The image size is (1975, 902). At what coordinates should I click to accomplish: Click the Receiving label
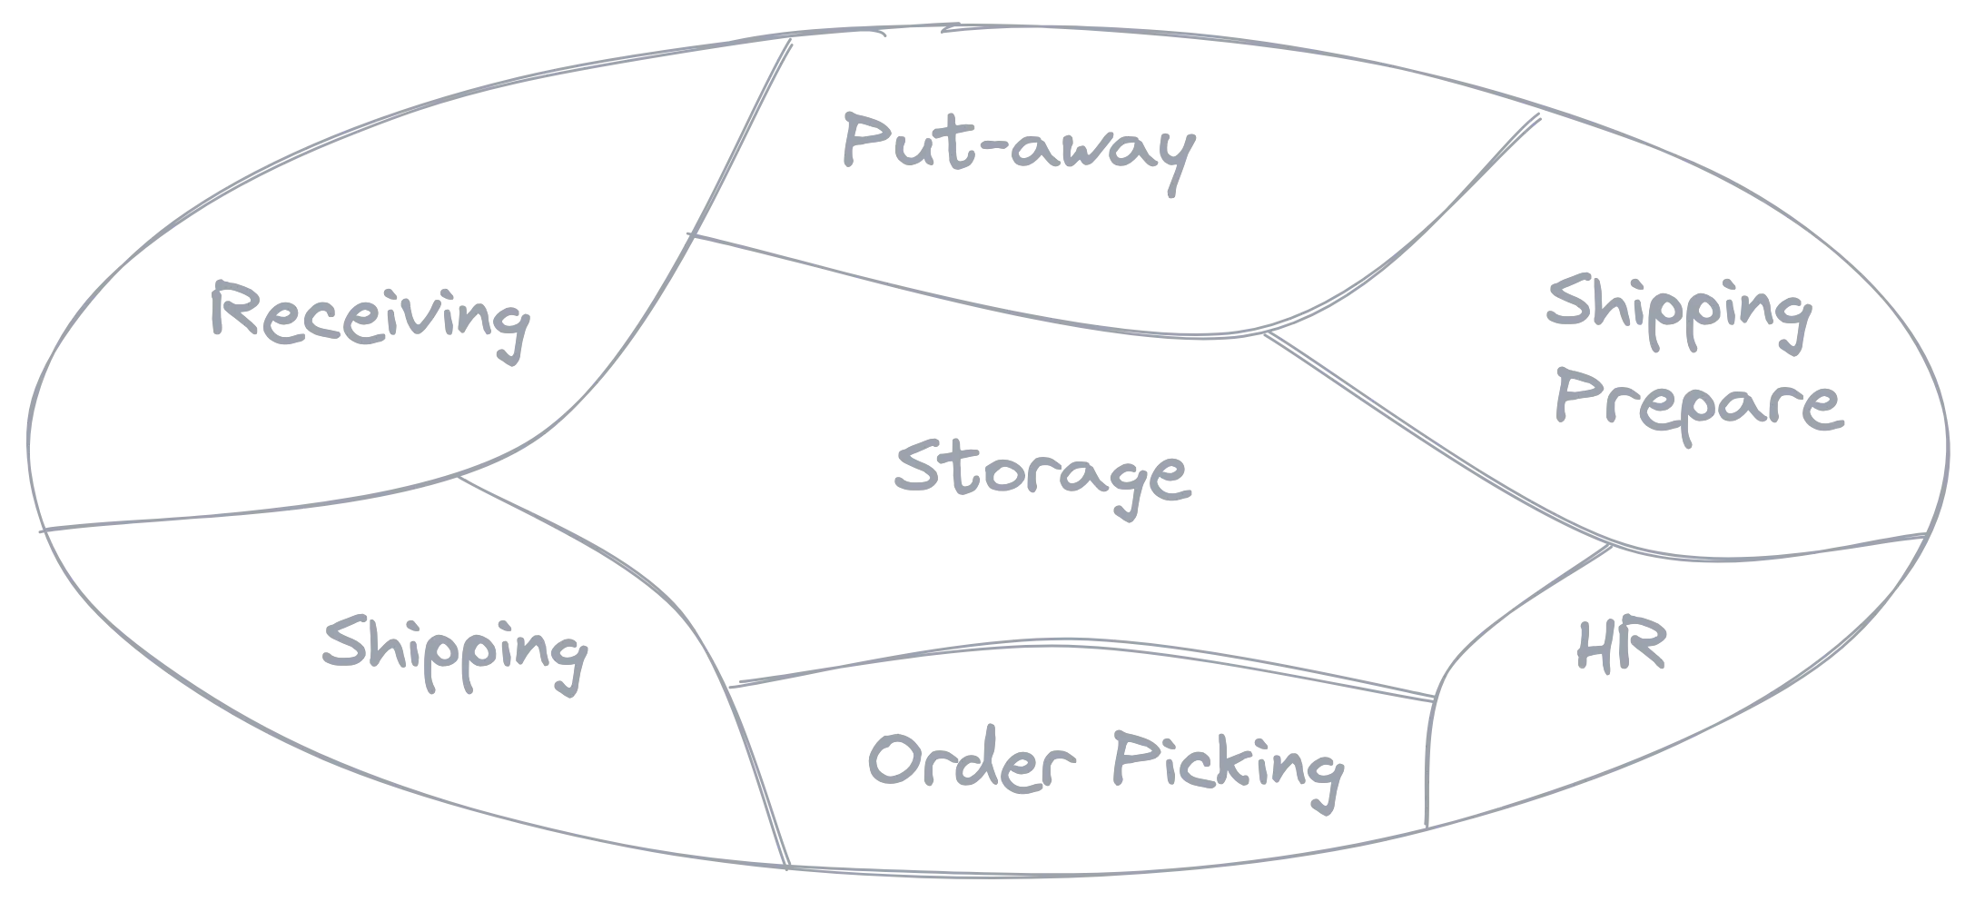[x=370, y=321]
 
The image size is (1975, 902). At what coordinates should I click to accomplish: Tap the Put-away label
[x=1019, y=152]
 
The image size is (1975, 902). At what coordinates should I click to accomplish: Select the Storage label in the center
[x=1042, y=478]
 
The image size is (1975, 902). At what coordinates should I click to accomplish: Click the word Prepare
[x=1699, y=404]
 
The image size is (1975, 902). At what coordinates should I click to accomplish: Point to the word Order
[x=972, y=760]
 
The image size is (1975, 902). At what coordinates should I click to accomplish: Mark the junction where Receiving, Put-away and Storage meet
[x=691, y=235]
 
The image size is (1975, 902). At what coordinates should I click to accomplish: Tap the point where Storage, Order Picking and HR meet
[x=1435, y=698]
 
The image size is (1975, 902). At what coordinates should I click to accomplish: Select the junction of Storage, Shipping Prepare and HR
[x=1611, y=546]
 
